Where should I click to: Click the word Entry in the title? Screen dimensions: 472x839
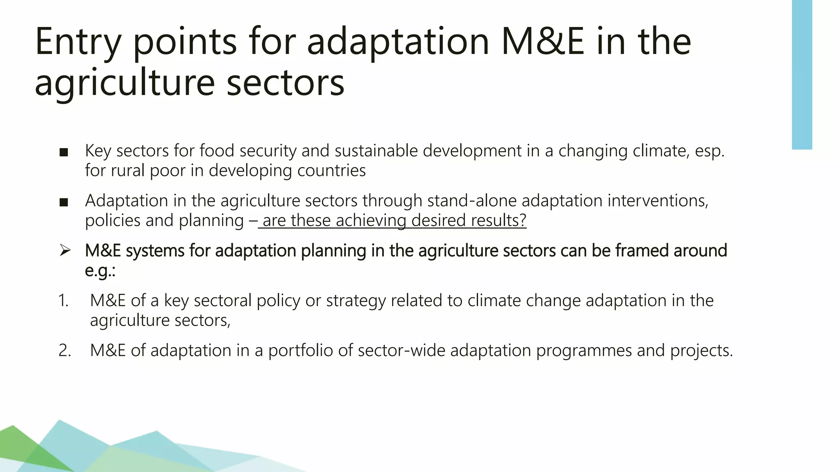pos(78,42)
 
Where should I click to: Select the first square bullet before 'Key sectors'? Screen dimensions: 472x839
pos(63,152)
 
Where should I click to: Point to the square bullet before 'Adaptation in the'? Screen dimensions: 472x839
pos(63,202)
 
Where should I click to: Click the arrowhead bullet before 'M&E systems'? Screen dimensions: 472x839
pos(65,250)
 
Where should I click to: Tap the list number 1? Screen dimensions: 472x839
pos(63,301)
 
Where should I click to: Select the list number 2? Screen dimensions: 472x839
pos(64,351)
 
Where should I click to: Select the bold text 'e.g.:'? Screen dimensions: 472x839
pos(100,270)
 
